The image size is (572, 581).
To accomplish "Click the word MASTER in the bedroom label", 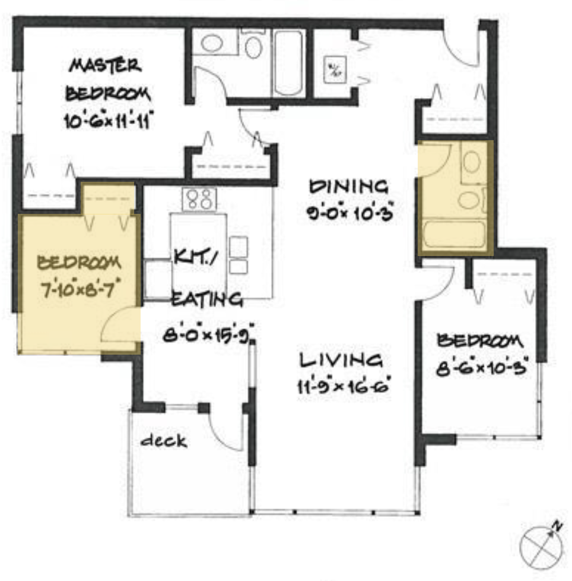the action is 106,65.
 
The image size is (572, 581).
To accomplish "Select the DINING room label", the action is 349,187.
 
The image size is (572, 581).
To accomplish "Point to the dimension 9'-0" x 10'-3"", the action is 349,213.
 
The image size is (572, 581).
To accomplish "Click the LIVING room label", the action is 341,359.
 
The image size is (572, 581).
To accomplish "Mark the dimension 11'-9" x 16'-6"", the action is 344,386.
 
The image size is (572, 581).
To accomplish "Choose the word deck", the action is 164,440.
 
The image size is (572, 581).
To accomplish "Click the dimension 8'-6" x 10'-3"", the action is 481,368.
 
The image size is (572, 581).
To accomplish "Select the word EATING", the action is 208,299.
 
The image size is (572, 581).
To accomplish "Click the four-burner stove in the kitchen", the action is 199,200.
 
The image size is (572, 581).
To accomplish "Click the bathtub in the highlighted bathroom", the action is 454,234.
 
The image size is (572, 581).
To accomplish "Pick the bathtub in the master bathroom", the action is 289,63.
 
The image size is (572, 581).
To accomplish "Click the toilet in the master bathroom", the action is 253,44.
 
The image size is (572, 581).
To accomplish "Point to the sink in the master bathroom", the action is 212,43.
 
